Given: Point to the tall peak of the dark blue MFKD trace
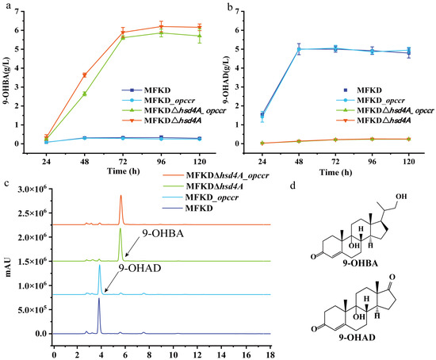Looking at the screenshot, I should (x=99, y=298).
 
